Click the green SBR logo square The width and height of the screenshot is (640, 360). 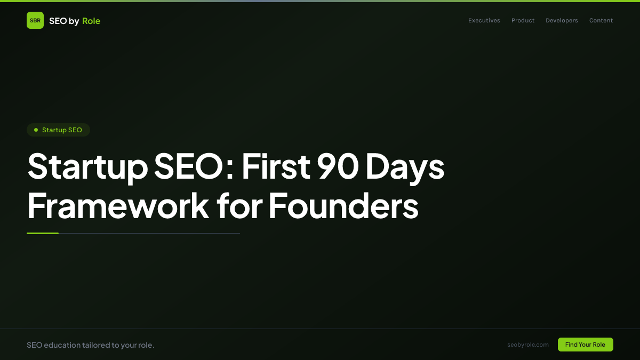(35, 20)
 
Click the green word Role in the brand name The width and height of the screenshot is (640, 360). (91, 21)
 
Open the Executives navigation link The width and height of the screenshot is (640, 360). (484, 21)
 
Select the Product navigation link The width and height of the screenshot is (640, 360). (523, 21)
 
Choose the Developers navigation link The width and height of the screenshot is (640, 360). (562, 21)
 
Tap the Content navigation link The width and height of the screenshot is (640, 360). (601, 21)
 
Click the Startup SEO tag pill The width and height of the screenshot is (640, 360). (59, 130)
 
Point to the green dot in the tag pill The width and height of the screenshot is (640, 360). (36, 130)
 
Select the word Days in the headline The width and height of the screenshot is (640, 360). (405, 167)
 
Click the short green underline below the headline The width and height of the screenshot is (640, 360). (43, 233)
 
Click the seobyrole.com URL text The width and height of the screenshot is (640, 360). (528, 345)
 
